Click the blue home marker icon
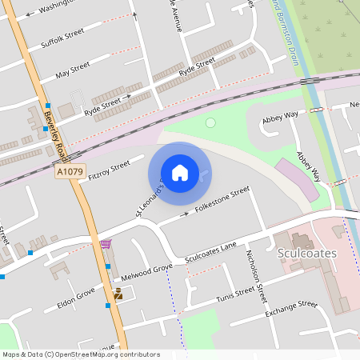pyautogui.click(x=180, y=173)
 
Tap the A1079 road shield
pyautogui.click(x=70, y=172)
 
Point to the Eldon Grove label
pyautogui.click(x=76, y=298)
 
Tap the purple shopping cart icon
pyautogui.click(x=106, y=244)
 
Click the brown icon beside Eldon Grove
pyautogui.click(x=118, y=294)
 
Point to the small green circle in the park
pyautogui.click(x=210, y=122)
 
